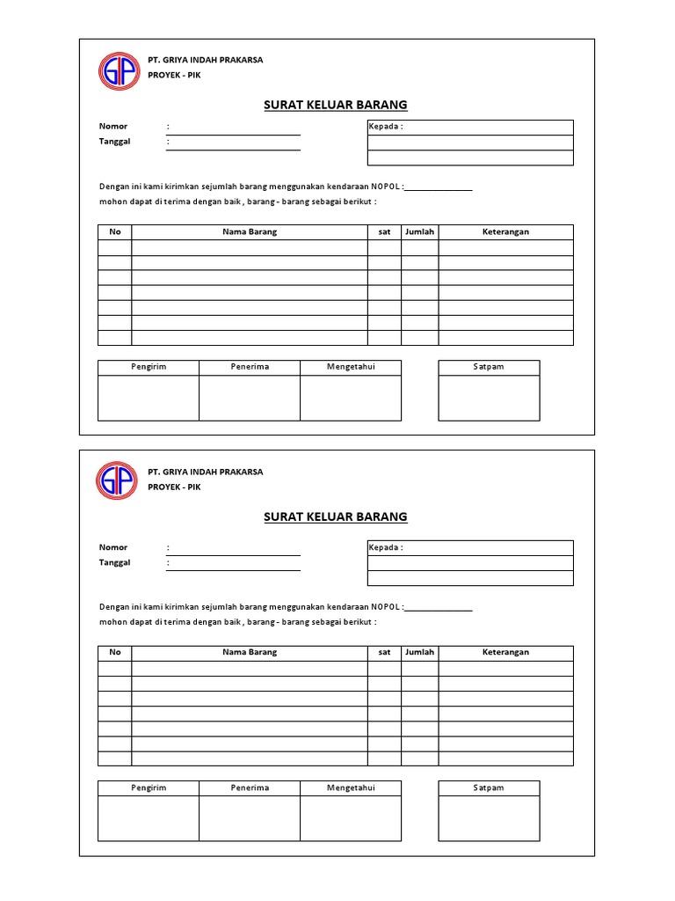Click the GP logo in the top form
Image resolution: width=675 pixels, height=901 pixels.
pyautogui.click(x=117, y=71)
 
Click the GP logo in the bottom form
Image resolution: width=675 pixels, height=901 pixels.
pyautogui.click(x=117, y=481)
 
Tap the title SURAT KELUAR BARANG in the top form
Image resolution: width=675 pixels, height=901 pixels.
pyautogui.click(x=336, y=105)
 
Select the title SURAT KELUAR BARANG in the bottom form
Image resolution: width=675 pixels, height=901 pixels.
pyautogui.click(x=336, y=516)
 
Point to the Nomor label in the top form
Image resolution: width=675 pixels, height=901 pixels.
pyautogui.click(x=113, y=127)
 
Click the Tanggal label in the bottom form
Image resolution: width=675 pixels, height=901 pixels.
pyautogui.click(x=115, y=562)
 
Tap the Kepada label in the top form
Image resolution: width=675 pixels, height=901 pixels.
pyautogui.click(x=386, y=127)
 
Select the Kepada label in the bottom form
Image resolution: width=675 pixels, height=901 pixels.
pyautogui.click(x=386, y=547)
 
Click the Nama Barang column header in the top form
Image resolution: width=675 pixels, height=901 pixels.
pyautogui.click(x=250, y=231)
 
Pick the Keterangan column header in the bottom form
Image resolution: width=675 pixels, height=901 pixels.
pyautogui.click(x=505, y=652)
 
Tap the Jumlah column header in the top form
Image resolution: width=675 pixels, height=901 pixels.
pyautogui.click(x=419, y=231)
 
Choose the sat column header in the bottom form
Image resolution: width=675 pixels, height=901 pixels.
pyautogui.click(x=384, y=652)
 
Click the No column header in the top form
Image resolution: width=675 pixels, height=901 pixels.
pyautogui.click(x=114, y=231)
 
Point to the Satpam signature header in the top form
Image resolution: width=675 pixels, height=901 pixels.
pyautogui.click(x=489, y=367)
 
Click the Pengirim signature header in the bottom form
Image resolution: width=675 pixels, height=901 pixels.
pyautogui.click(x=149, y=787)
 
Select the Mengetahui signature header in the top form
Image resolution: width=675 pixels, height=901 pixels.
pyautogui.click(x=351, y=367)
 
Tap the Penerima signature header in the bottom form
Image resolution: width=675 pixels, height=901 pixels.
pyautogui.click(x=250, y=787)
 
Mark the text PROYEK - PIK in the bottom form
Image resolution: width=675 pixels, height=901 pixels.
pyautogui.click(x=174, y=487)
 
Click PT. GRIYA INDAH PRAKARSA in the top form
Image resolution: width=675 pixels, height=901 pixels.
pyautogui.click(x=205, y=60)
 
